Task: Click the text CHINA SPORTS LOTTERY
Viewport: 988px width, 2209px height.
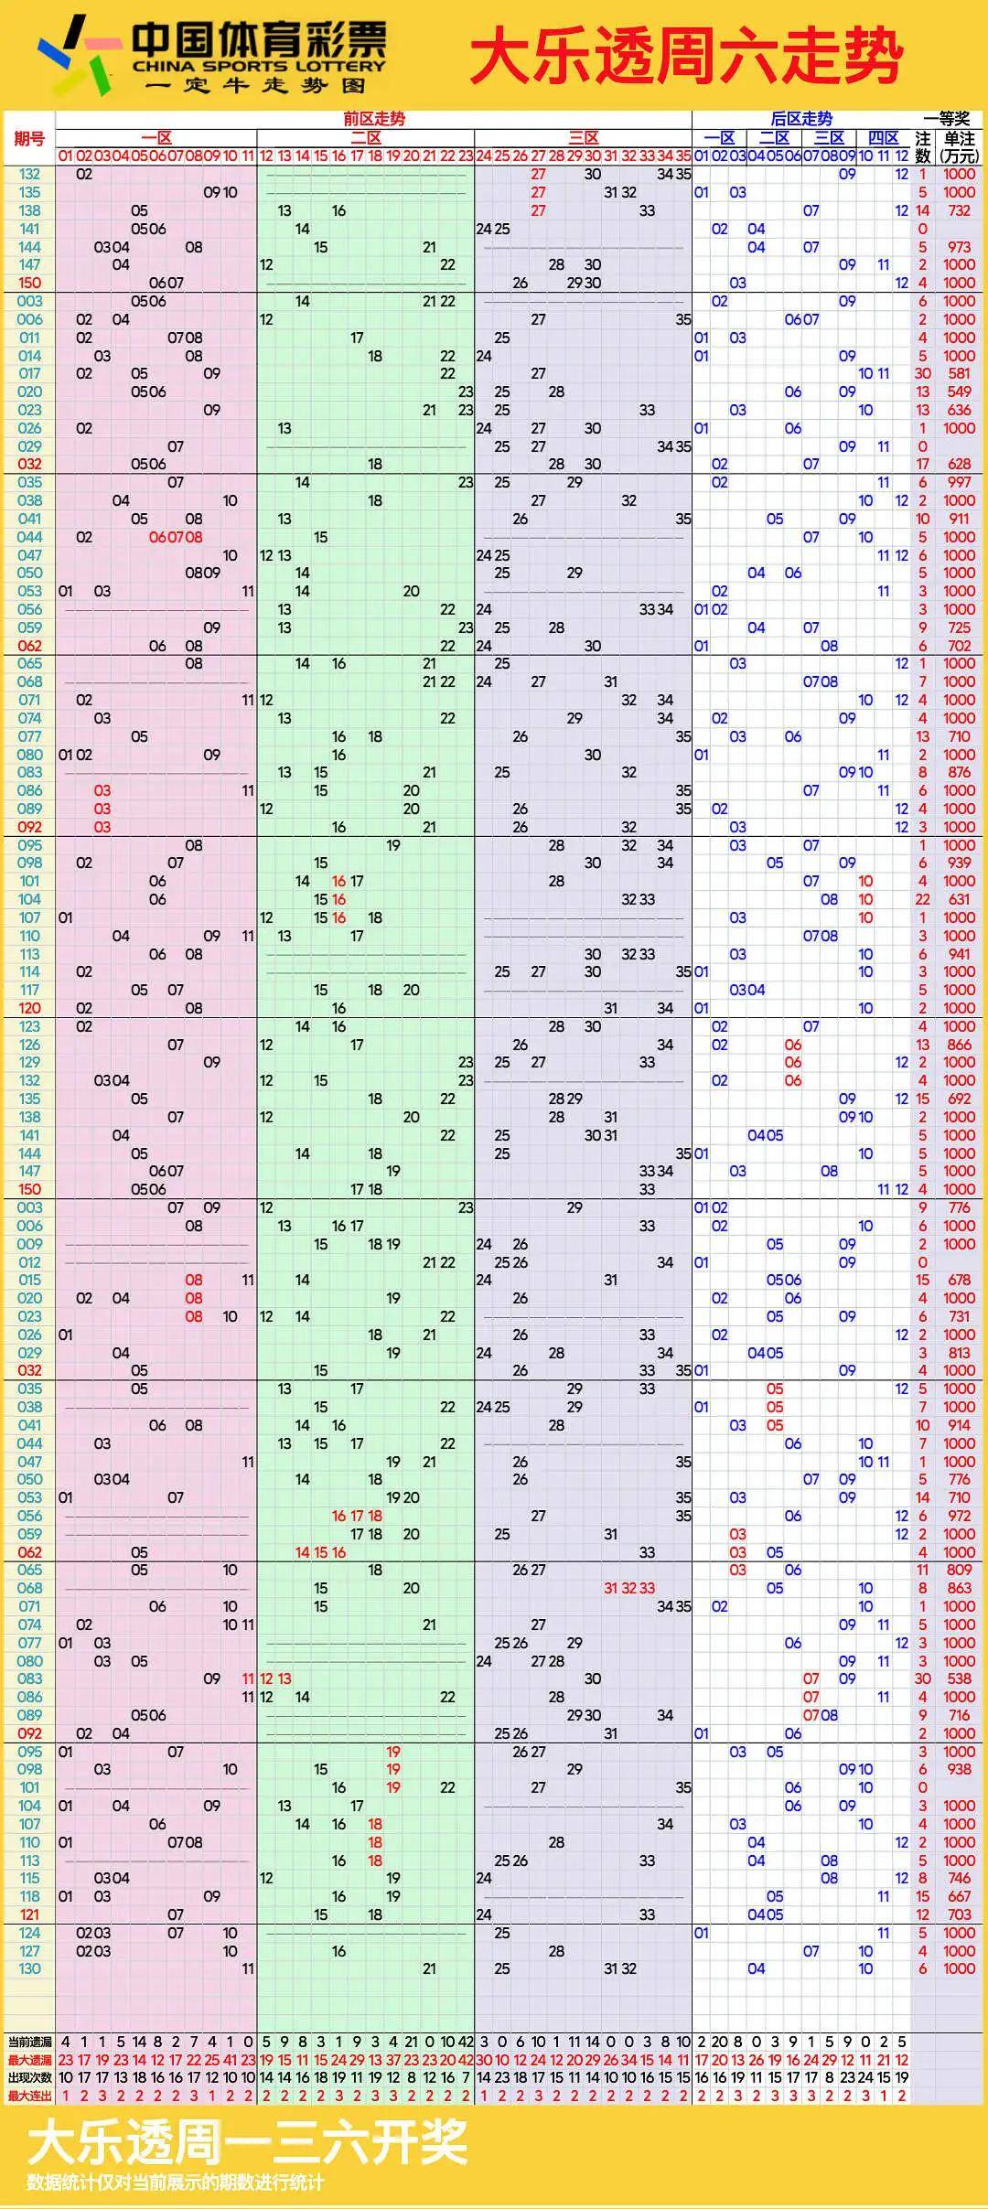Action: point(259,66)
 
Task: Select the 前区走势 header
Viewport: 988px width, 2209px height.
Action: point(373,119)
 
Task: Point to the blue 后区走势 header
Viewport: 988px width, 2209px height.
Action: point(801,119)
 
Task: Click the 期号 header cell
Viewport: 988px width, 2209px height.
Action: point(29,138)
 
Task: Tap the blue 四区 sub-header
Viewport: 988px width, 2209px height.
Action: point(883,138)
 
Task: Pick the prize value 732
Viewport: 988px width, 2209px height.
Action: point(959,210)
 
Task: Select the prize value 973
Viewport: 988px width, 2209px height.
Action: point(959,247)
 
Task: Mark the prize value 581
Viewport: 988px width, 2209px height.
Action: point(959,373)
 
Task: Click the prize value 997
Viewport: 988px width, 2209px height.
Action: point(959,482)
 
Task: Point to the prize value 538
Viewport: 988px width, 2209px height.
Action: point(959,1678)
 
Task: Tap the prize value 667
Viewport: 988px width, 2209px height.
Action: point(959,1896)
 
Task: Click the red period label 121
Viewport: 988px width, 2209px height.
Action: point(29,1914)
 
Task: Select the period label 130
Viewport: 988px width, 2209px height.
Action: point(29,1968)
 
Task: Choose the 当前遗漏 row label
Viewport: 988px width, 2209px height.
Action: point(29,2042)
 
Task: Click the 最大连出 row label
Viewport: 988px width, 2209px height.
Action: point(29,2096)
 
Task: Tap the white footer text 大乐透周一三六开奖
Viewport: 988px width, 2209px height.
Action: point(247,2143)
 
